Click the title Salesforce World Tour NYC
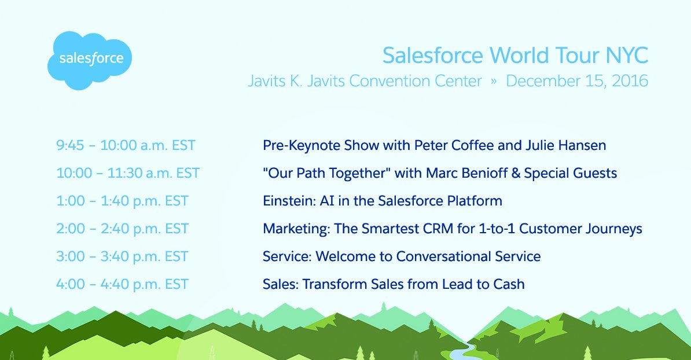point(515,56)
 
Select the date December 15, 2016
point(576,81)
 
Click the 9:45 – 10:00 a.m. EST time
point(126,145)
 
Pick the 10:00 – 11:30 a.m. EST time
point(128,173)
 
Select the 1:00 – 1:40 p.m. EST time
point(122,201)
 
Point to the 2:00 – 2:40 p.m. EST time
point(122,229)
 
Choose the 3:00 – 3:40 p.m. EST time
point(122,256)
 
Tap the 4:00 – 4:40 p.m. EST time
point(122,284)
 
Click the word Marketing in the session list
point(295,229)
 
